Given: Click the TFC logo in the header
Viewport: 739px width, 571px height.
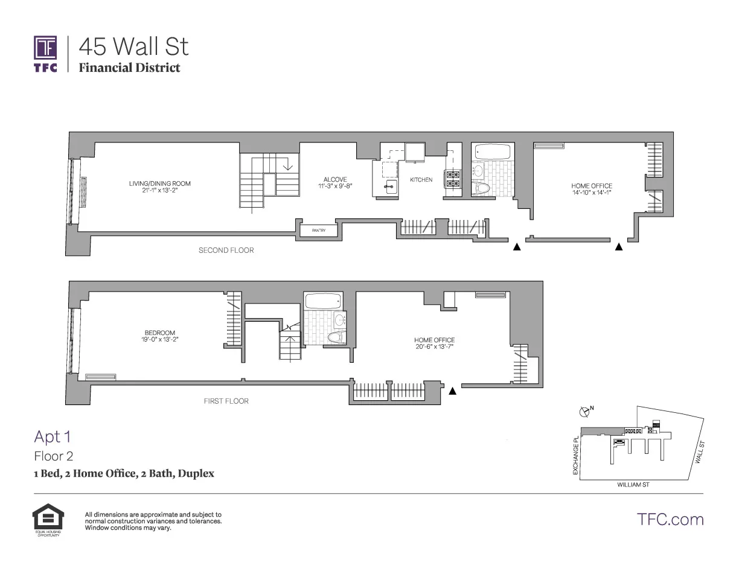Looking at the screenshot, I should coord(45,54).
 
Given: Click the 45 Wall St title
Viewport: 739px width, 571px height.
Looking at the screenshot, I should coord(134,46).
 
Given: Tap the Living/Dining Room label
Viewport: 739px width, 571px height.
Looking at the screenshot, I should coord(159,183).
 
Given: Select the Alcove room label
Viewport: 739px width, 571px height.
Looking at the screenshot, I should coord(335,179).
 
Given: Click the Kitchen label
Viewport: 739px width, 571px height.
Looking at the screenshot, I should coord(421,180).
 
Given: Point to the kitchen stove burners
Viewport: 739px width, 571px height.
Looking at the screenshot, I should coord(453,179).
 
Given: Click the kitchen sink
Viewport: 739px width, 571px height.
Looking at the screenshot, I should coord(390,185).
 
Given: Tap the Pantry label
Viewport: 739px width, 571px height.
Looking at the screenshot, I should coord(319,230).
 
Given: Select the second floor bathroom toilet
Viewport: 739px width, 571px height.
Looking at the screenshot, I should coord(481,188).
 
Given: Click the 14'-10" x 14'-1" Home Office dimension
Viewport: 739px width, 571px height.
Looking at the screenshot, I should coord(592,193).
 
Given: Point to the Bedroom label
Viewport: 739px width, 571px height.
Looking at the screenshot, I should coord(160,333).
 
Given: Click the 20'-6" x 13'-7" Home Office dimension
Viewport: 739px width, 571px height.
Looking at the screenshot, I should coord(434,347).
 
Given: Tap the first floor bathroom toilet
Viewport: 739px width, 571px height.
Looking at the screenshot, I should coord(335,337).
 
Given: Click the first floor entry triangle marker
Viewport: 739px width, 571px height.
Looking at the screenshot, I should coord(452,391).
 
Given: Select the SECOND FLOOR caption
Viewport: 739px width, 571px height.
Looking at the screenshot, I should coord(226,250).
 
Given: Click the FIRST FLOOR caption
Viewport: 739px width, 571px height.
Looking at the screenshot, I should coord(226,401).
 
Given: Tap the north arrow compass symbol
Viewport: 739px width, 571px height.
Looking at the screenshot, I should coord(584,412).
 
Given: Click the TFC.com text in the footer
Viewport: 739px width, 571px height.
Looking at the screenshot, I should coord(670,519).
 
